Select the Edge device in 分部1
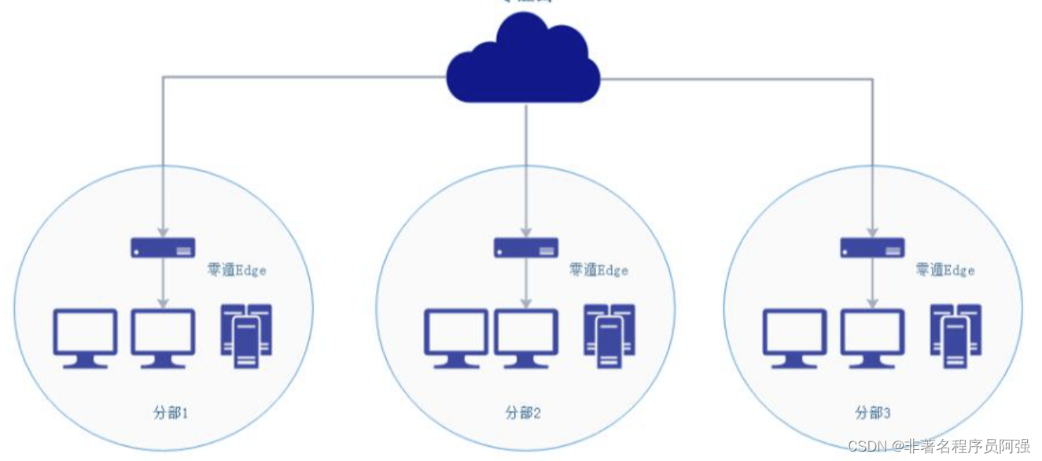coord(163,248)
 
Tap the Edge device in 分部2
coord(526,248)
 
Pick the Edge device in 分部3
coord(872,248)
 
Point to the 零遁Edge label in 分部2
coord(598,271)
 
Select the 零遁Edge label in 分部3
coord(944,271)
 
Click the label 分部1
coord(170,412)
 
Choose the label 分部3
coord(872,412)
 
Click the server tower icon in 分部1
coord(246,336)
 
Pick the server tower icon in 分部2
coord(609,336)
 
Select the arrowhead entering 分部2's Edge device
coord(526,232)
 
